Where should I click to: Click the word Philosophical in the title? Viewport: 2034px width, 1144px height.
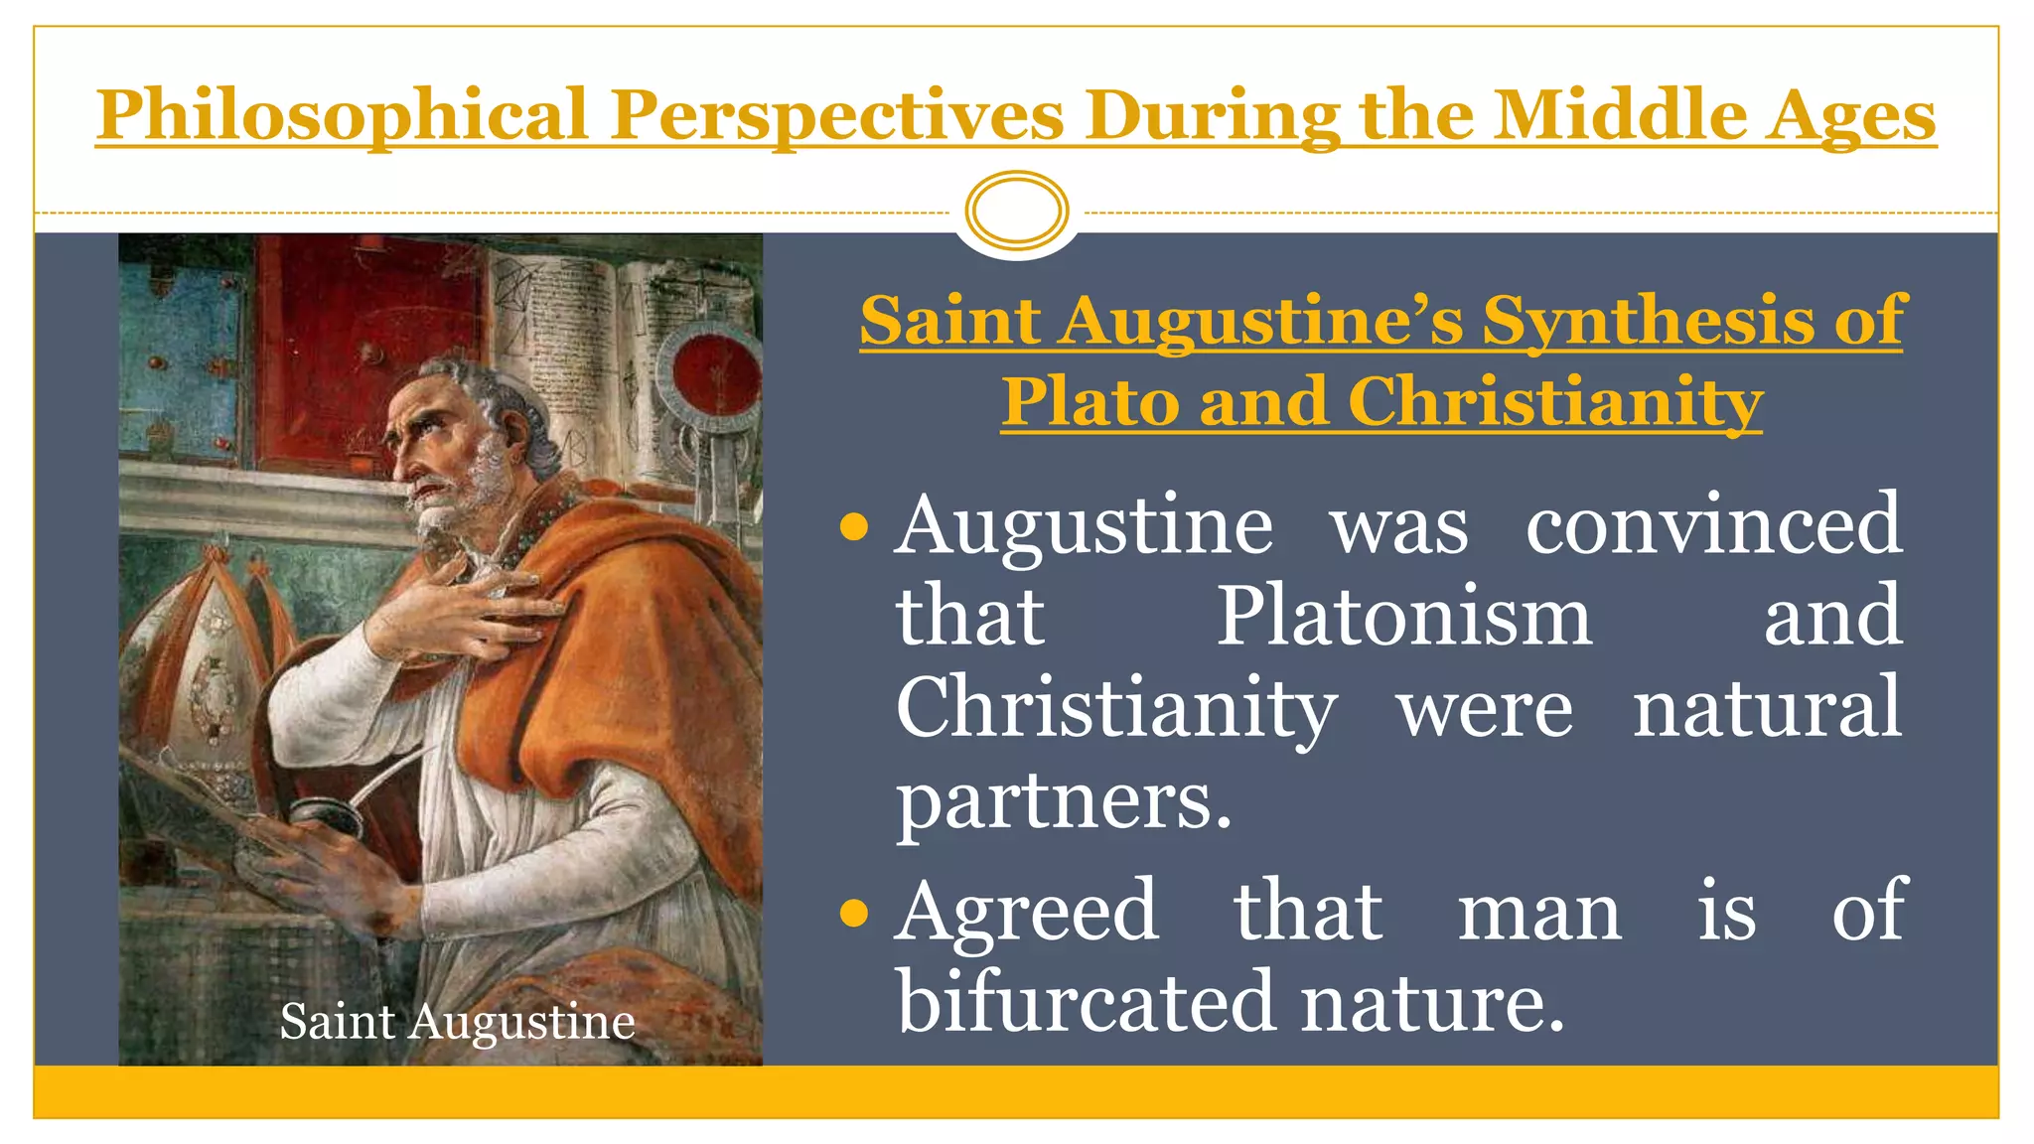pos(343,115)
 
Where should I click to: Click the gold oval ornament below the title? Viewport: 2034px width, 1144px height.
pos(1016,211)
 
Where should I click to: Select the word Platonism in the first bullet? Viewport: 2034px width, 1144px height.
pos(1404,617)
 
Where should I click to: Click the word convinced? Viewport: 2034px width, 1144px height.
pos(1713,525)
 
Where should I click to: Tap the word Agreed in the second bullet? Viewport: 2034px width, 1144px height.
pos(1027,911)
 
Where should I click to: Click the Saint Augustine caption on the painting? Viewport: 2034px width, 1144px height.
pos(457,1022)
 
